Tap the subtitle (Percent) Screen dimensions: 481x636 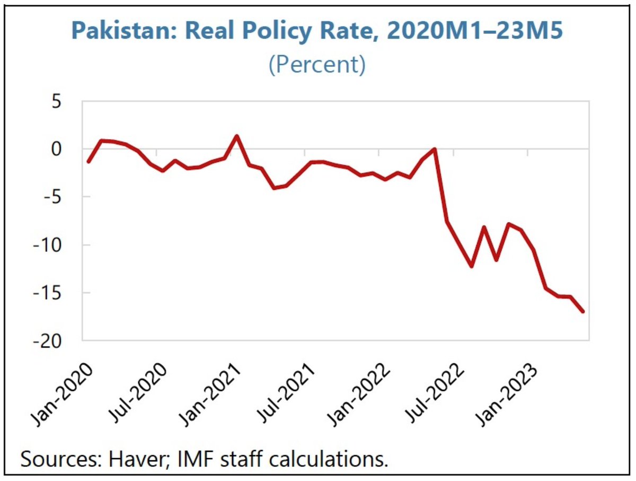click(x=317, y=65)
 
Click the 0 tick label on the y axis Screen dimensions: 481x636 click(x=70, y=149)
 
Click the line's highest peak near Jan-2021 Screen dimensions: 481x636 click(x=237, y=136)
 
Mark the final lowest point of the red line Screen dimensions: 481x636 click(x=583, y=311)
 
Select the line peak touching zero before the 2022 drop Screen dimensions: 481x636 click(x=435, y=149)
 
